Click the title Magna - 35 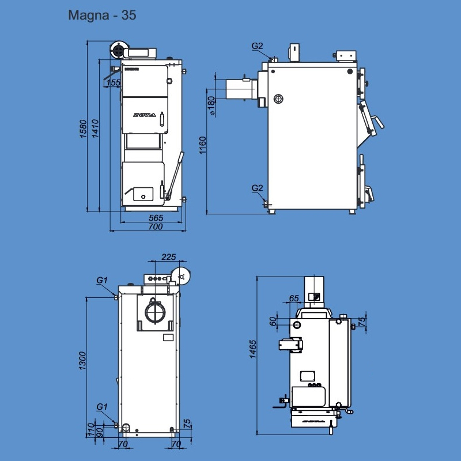pyautogui.click(x=102, y=16)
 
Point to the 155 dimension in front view pyautogui.click(x=114, y=83)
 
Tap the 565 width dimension pyautogui.click(x=156, y=218)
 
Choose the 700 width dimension pyautogui.click(x=155, y=226)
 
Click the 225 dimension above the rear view pyautogui.click(x=168, y=257)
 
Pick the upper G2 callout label pyautogui.click(x=257, y=46)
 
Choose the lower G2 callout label pyautogui.click(x=257, y=188)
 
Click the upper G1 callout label pyautogui.click(x=102, y=280)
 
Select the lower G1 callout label pyautogui.click(x=102, y=407)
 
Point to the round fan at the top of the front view pyautogui.click(x=118, y=51)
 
